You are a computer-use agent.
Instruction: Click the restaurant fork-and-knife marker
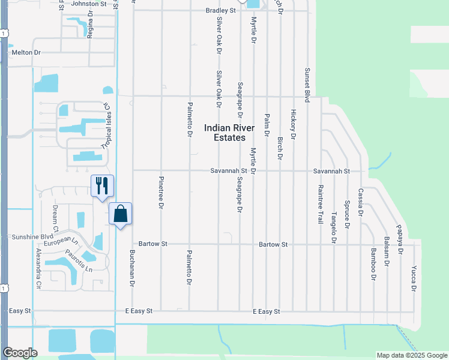coord(102,185)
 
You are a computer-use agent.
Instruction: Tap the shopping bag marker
coord(121,214)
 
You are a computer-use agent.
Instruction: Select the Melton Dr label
coord(26,53)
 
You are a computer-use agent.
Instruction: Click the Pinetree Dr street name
coord(161,193)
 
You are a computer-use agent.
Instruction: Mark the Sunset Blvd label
coord(307,85)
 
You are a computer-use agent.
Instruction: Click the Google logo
coord(20,353)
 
